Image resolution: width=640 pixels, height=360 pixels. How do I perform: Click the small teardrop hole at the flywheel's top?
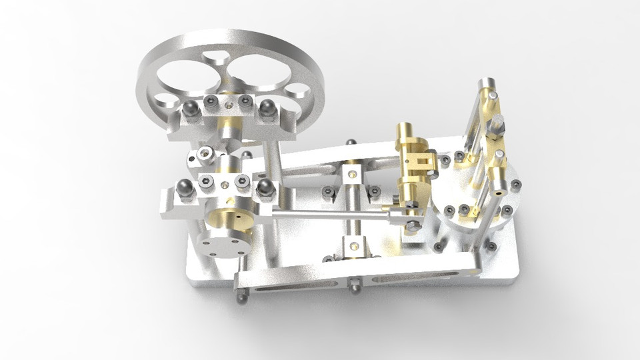pos(216,58)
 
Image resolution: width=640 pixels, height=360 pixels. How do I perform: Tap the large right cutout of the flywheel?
pos(261,71)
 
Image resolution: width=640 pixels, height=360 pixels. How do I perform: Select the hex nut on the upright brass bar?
pos(497,124)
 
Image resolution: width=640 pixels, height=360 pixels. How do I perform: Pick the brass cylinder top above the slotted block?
pos(405,129)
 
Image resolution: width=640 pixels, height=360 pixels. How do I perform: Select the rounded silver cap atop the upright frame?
pos(487,85)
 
